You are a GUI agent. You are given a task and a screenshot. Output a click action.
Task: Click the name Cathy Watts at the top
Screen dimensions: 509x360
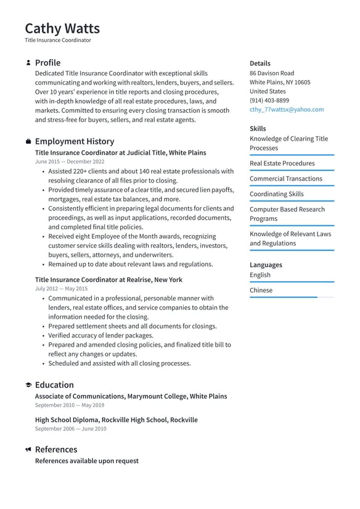click(62, 28)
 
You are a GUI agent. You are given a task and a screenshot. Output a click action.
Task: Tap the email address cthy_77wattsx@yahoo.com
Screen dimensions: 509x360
click(286, 109)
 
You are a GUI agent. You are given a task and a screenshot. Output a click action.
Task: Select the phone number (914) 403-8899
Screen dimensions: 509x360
click(269, 100)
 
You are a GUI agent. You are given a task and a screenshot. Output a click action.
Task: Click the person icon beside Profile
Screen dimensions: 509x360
click(28, 63)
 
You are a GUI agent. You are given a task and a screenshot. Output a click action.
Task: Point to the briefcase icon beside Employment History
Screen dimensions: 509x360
click(28, 141)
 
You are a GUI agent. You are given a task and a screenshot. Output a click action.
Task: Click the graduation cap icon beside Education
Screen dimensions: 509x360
click(28, 385)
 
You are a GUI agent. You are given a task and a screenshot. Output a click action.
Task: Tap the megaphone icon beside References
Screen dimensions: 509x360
click(28, 450)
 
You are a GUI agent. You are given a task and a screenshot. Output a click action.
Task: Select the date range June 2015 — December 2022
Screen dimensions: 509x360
click(70, 162)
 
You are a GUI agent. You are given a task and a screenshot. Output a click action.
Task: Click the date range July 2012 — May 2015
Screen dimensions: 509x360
click(61, 289)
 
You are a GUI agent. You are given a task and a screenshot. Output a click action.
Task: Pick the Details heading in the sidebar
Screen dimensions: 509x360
click(260, 63)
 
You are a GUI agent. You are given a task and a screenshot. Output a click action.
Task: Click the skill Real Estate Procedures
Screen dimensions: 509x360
click(282, 163)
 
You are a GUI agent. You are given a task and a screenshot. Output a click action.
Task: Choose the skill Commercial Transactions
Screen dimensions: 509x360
click(285, 179)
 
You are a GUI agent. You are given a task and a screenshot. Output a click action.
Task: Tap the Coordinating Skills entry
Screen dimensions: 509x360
click(276, 194)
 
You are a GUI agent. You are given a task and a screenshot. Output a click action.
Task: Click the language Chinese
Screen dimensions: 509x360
click(261, 290)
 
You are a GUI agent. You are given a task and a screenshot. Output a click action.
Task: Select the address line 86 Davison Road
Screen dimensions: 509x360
click(271, 73)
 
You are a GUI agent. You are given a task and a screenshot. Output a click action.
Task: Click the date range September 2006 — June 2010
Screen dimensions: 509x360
click(70, 429)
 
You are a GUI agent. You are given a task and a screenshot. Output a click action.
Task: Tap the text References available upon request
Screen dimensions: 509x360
click(86, 461)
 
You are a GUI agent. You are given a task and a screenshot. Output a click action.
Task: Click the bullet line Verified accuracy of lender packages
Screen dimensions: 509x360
click(100, 336)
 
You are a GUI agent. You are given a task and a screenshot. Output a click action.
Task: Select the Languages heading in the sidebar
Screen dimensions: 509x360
click(266, 265)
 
